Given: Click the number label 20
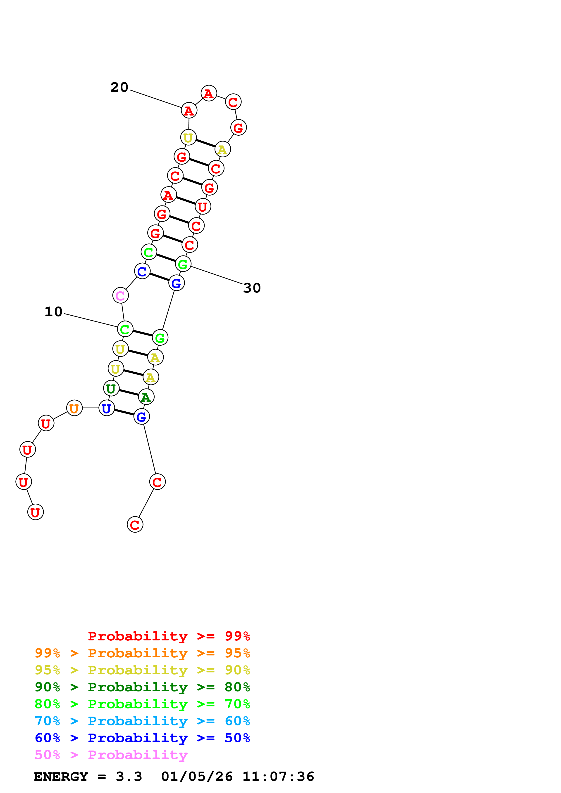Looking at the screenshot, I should (x=119, y=87).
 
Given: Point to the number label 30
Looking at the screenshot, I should (x=252, y=288).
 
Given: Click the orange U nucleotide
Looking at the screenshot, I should (x=74, y=408).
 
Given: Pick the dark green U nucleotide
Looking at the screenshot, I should (x=111, y=389).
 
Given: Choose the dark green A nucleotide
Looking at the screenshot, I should (x=146, y=397).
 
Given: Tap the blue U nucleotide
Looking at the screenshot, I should (x=106, y=408).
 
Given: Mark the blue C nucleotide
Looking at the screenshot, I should (x=142, y=271).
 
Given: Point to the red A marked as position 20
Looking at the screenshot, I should (x=189, y=111).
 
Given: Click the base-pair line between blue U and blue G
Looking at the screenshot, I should (x=124, y=412).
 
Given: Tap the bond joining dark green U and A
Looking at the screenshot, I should (x=129, y=393).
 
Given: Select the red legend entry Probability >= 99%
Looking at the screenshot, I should (x=169, y=636).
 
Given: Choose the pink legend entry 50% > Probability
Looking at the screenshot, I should (x=111, y=755).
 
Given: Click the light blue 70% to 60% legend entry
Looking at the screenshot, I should (x=142, y=721).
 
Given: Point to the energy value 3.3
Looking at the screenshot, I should (x=129, y=777).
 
